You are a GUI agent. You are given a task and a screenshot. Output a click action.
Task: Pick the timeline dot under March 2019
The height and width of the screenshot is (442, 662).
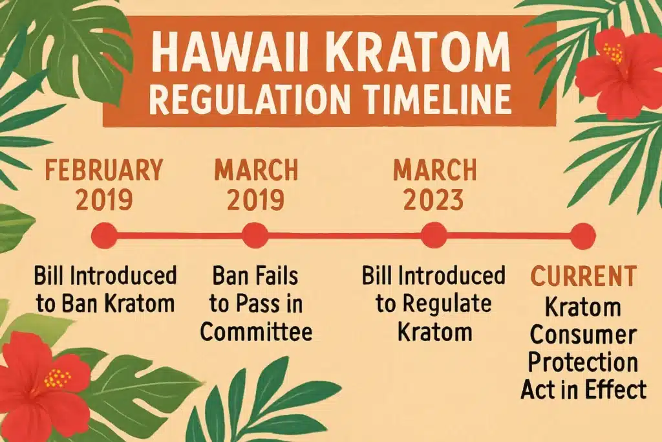[x=254, y=233]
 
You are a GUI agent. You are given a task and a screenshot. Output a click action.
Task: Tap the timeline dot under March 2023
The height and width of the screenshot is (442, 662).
[x=433, y=233]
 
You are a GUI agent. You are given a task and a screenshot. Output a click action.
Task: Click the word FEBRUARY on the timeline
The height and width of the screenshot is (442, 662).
[x=103, y=171]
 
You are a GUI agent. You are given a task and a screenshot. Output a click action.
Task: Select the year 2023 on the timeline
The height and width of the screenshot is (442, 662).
[x=432, y=201]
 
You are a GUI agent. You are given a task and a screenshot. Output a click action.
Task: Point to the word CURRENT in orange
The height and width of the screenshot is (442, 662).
[x=582, y=277]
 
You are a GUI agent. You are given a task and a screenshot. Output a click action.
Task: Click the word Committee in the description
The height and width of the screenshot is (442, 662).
[x=256, y=331]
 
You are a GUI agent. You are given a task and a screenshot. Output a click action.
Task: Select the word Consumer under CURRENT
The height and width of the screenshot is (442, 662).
[x=582, y=335]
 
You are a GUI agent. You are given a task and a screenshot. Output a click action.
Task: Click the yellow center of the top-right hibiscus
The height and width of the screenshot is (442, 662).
[x=615, y=53]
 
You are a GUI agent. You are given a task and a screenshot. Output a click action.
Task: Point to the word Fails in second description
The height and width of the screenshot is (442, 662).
[x=272, y=277]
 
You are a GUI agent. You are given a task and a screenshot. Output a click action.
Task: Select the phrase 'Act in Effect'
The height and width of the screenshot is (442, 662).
[x=584, y=390]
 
